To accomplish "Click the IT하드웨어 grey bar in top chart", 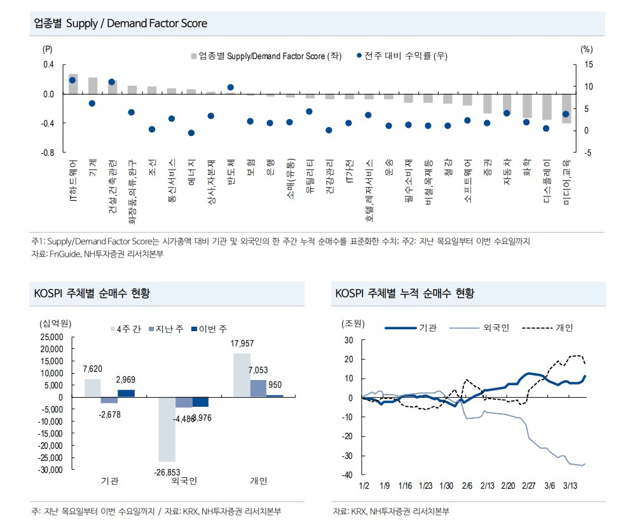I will (73, 84).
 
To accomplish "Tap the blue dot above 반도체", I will (231, 88).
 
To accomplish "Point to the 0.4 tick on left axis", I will (48, 65).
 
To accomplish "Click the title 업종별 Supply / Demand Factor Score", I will (121, 24).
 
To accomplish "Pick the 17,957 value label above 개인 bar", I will (242, 344).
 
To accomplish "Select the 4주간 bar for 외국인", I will (167, 429).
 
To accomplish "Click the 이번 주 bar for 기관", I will (127, 393).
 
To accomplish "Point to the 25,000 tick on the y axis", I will (51, 337).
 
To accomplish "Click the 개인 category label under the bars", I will (259, 481).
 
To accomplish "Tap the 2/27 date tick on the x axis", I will (529, 486).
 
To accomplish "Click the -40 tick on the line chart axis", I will (348, 475).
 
